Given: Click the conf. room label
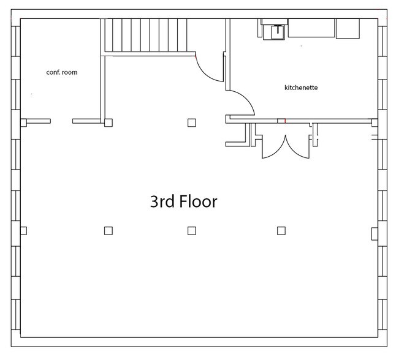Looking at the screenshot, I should tap(62, 72).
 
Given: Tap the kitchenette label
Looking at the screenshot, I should tap(301, 88).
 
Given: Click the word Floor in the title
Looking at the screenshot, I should tap(198, 201).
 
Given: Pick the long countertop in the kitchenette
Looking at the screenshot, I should tap(311, 28).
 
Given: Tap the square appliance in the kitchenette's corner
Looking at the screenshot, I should tap(348, 28).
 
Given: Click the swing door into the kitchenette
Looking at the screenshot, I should tap(242, 101).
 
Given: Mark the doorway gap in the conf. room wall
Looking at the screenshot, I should tap(61, 121).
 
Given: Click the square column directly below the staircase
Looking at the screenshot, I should tap(192, 122).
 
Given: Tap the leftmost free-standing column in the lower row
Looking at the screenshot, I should tap(109, 231).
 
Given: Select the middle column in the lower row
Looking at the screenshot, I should tap(192, 231).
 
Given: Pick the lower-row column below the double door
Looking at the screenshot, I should tap(281, 231).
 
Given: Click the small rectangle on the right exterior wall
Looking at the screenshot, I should tap(374, 233).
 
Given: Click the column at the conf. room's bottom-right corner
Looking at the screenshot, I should tap(109, 122).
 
